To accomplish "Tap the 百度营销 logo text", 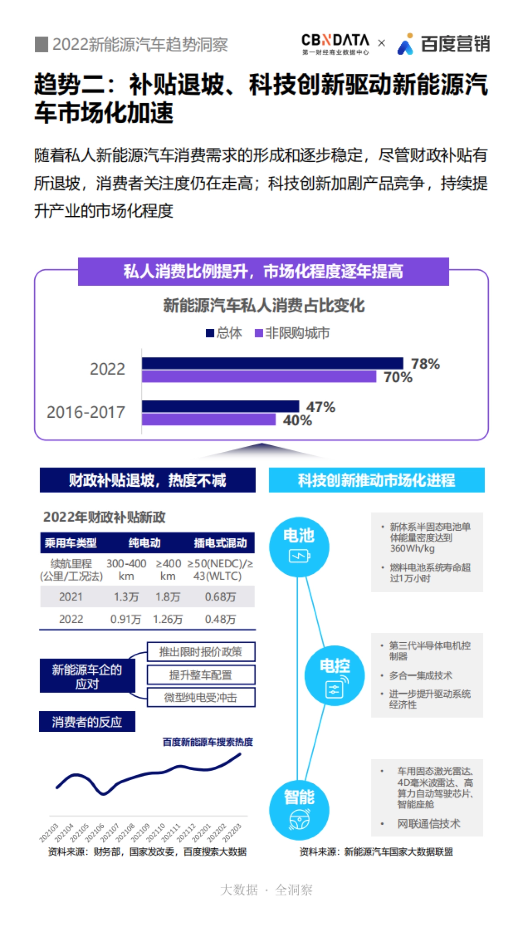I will pos(455,44).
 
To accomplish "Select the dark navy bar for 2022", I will pos(272,363).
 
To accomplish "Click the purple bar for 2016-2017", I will pos(209,420).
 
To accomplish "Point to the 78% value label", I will pos(425,364).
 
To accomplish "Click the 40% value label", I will pos(297,420).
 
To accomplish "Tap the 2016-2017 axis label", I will pos(86,412).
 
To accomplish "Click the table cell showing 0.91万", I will pos(126,619).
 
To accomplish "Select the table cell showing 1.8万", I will pos(168,597).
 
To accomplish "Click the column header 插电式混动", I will pos(220,543).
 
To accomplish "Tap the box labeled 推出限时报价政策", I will pos(200,652).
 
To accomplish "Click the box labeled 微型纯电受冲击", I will pos(200,697).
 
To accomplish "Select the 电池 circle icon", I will pos(299,547).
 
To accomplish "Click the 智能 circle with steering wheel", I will pos(299,810).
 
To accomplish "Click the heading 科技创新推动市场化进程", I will pos(377,480).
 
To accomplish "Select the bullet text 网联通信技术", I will pos(428,824).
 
